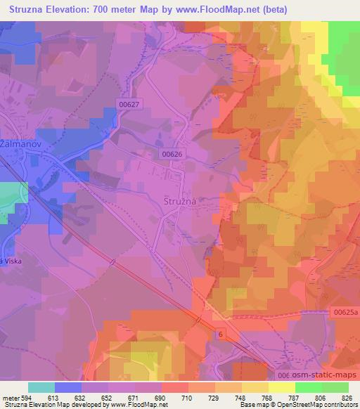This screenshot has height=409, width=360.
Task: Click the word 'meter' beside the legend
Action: [x=12, y=398]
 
